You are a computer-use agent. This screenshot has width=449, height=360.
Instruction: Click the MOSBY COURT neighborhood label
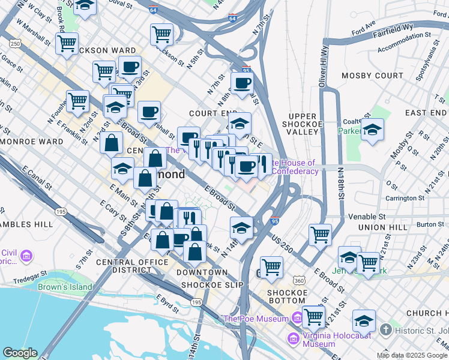[372, 76]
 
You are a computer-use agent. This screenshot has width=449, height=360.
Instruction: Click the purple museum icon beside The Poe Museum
[297, 317]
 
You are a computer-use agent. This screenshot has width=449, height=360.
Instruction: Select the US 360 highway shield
[300, 281]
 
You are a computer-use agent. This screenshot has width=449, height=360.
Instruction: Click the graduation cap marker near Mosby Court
[372, 130]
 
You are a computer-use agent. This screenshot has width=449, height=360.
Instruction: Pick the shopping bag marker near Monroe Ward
[112, 143]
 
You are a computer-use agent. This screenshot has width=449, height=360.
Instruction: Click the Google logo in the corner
[20, 353]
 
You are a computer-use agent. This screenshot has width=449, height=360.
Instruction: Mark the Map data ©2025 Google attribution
[412, 355]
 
